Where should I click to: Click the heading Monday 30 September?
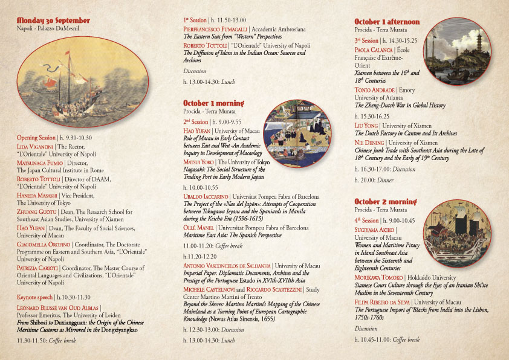coord(53,20)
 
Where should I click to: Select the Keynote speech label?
coord(35,297)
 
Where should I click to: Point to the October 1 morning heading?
coord(214,103)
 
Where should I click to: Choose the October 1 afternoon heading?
coord(387,22)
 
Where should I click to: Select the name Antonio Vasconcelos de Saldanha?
coord(227,265)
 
